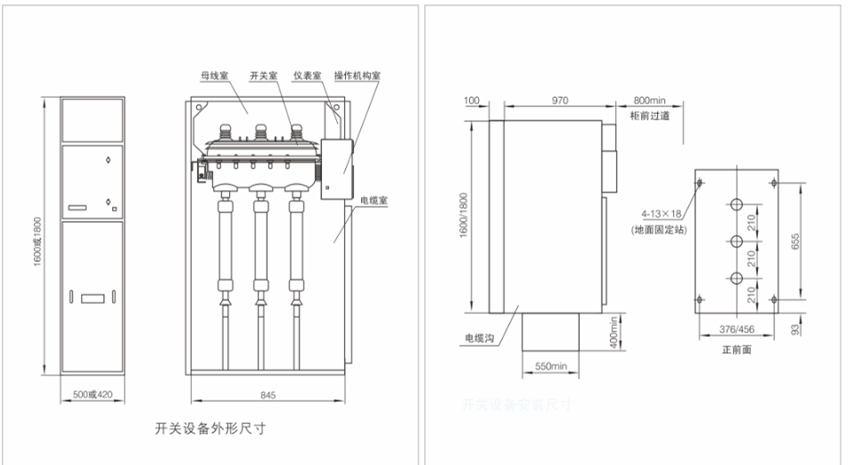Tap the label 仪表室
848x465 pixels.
click(x=308, y=77)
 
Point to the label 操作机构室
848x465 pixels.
click(x=358, y=77)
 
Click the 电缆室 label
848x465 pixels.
click(x=372, y=202)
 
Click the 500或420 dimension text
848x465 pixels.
click(x=93, y=394)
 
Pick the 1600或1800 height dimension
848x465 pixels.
click(x=38, y=236)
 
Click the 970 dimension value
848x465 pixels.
click(x=559, y=101)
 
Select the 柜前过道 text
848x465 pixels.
click(x=649, y=116)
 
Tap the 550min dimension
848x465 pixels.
click(x=551, y=366)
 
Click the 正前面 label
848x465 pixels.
click(x=737, y=350)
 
